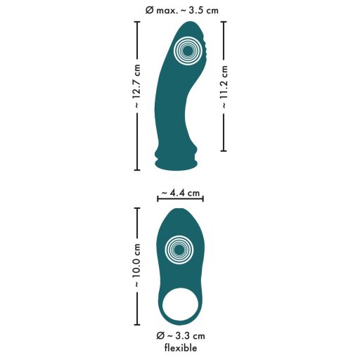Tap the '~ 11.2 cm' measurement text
(225, 86)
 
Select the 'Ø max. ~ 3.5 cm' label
(181, 10)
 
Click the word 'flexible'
(181, 348)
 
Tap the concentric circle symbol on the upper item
(186, 51)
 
